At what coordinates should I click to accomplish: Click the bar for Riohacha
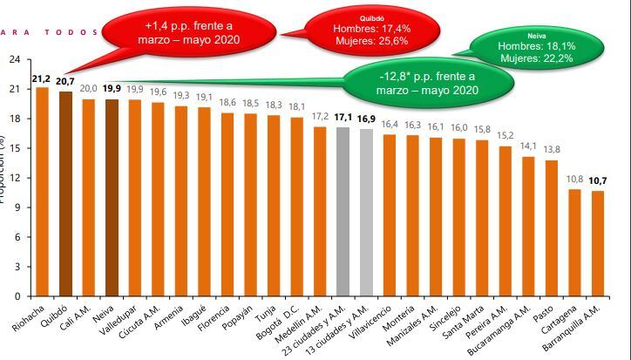click(42, 192)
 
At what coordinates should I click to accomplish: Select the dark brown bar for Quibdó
click(65, 194)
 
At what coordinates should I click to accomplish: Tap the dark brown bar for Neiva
click(112, 197)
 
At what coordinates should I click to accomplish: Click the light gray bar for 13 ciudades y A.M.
click(366, 212)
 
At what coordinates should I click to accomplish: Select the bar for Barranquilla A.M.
click(598, 243)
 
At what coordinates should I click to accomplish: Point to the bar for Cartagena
click(574, 242)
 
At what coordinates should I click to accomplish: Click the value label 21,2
click(41, 79)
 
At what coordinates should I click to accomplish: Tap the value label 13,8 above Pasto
click(552, 151)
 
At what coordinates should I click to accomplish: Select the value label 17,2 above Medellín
click(320, 117)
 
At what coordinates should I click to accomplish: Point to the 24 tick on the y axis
click(14, 59)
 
